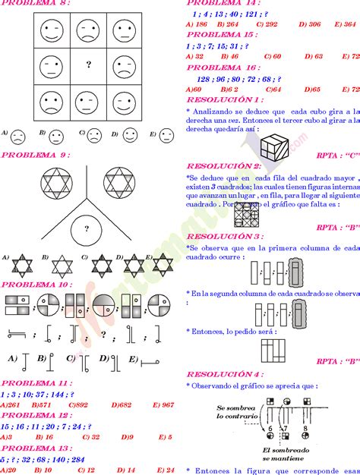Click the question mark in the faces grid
pos(90,65)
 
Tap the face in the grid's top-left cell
pos(51,30)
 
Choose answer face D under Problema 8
pos(130,136)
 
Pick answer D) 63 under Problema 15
pos(313,56)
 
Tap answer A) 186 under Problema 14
pos(197,24)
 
